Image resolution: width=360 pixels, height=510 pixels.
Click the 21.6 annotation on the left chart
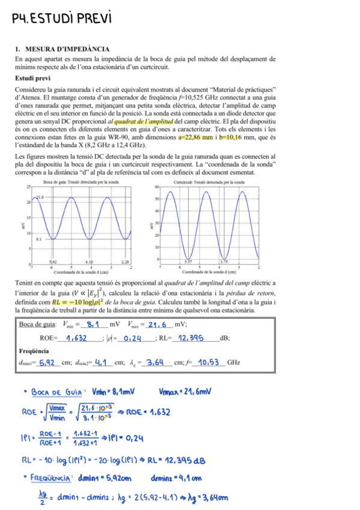(x=41, y=197)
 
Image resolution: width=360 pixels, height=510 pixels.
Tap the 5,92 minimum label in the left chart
(x=53, y=262)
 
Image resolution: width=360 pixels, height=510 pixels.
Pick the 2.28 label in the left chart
(x=125, y=262)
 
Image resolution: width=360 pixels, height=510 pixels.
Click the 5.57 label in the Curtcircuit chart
(x=188, y=262)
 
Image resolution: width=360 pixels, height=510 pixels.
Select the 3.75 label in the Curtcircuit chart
(x=224, y=262)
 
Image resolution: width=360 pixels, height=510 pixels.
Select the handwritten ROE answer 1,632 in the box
(x=80, y=338)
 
